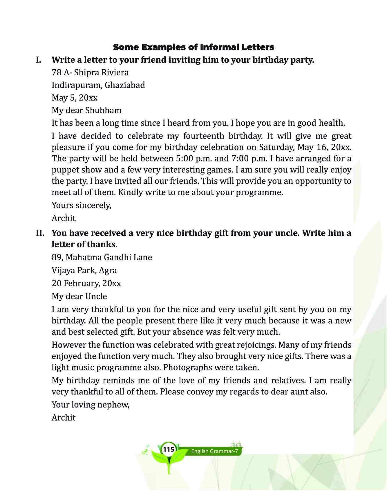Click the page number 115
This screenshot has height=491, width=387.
tap(169, 450)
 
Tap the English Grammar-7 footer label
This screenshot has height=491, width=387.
tap(214, 451)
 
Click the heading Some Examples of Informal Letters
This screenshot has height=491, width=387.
tap(193, 47)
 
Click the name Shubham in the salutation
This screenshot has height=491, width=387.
tap(104, 110)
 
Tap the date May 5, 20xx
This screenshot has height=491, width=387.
tap(75, 98)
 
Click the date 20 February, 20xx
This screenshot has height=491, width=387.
tap(86, 283)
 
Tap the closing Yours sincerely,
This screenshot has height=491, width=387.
tap(82, 205)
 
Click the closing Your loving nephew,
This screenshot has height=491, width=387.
tap(91, 405)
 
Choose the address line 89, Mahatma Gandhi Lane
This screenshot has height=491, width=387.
tap(102, 257)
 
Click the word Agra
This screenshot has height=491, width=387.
tap(108, 270)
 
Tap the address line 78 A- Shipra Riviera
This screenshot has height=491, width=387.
tap(90, 72)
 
